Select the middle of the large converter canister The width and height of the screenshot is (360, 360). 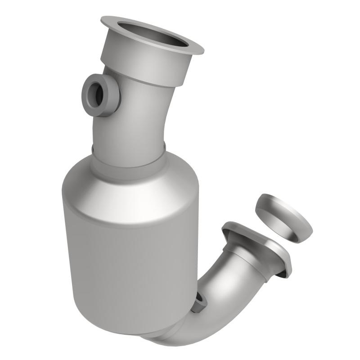click(130, 261)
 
